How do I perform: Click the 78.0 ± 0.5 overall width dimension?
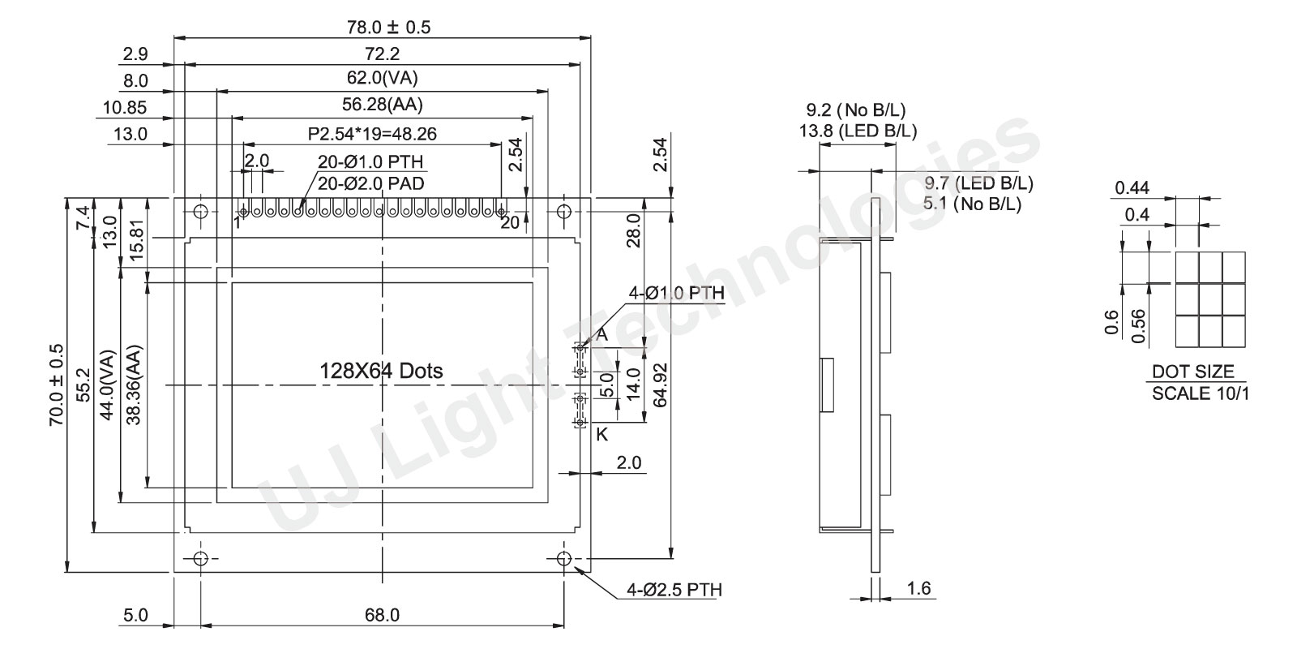click(388, 28)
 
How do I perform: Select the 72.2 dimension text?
click(382, 54)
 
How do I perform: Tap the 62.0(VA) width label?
click(382, 78)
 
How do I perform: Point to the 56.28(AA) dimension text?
click(382, 105)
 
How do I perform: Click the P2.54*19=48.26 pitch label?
click(372, 134)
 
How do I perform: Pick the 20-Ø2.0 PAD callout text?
click(371, 183)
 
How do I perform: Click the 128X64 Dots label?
click(381, 371)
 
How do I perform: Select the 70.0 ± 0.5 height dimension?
click(56, 385)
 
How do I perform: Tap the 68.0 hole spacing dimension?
click(382, 615)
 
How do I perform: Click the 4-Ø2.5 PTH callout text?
click(674, 590)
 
